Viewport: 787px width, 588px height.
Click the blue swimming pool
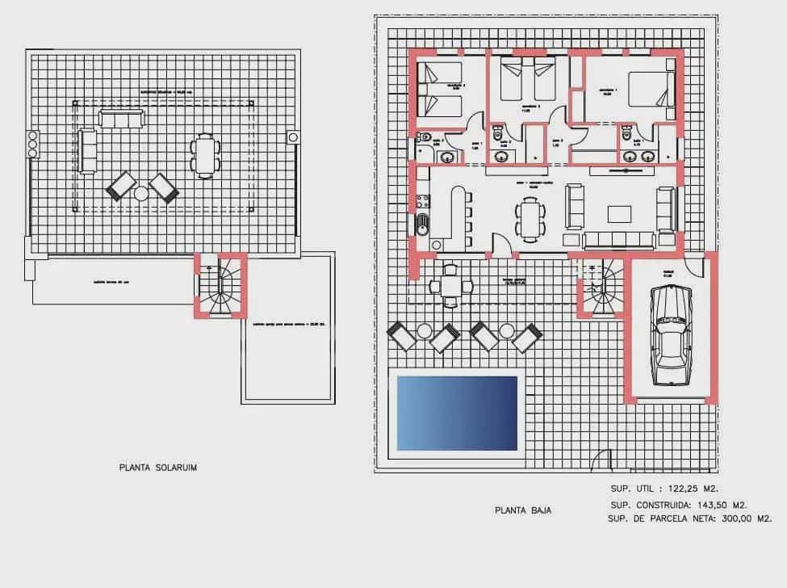[x=456, y=413]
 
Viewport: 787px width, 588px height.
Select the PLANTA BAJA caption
[x=522, y=510]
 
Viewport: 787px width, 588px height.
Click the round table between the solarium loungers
[x=141, y=194]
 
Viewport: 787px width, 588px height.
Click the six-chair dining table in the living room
[x=530, y=218]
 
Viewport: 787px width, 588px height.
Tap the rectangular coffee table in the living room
[x=619, y=214]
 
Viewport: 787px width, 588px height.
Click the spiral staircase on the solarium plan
[x=219, y=287]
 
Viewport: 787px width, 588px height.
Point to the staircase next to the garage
[x=601, y=290]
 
